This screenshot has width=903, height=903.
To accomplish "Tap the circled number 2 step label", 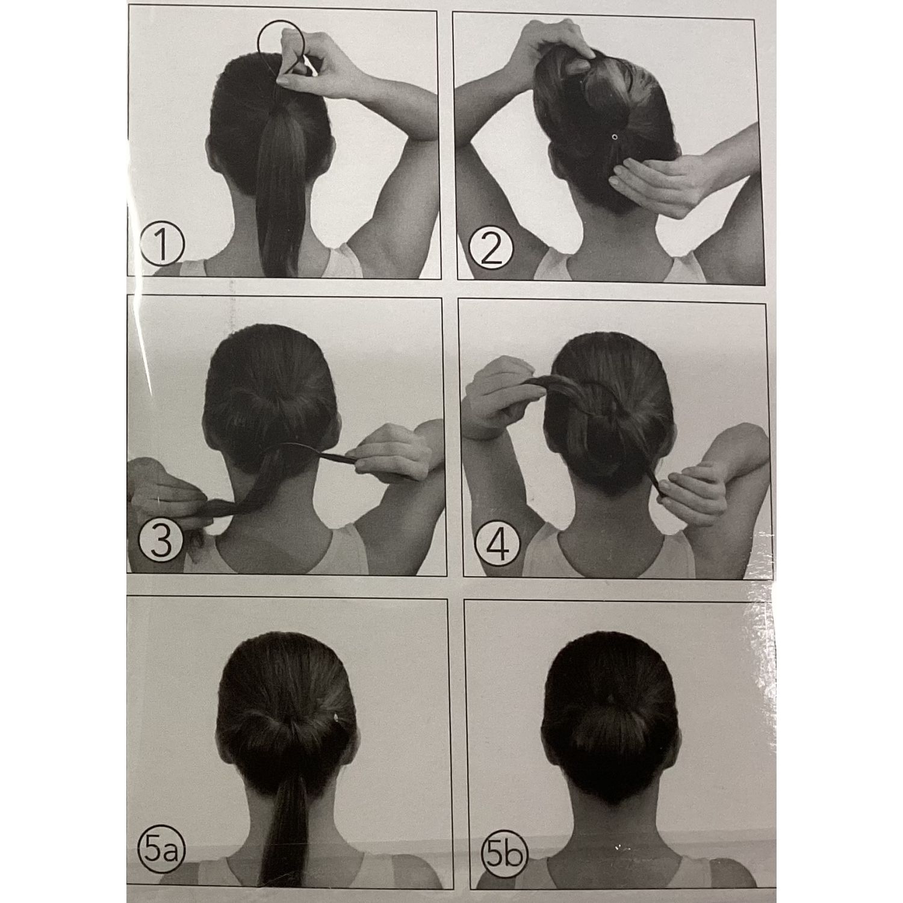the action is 489,249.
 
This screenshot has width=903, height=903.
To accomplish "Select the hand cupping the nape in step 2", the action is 656,181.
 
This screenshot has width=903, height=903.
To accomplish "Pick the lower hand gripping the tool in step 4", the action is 692,491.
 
